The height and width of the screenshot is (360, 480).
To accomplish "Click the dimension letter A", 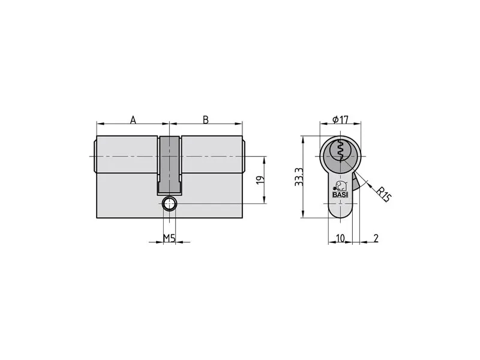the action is [133, 119].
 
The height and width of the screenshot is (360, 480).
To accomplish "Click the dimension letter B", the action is [206, 119].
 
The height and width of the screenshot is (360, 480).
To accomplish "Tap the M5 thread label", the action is [169, 238].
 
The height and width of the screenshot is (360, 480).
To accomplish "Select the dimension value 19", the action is [260, 179].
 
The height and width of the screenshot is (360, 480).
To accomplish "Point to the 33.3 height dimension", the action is [299, 177].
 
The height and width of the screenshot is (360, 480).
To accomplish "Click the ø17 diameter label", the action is [340, 119].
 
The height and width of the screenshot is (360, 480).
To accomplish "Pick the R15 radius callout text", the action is [383, 194].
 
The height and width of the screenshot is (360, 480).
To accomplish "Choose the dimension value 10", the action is [340, 238].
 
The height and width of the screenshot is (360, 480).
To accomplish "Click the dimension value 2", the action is [376, 238].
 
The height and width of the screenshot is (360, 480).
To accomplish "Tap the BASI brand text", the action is [340, 194].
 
